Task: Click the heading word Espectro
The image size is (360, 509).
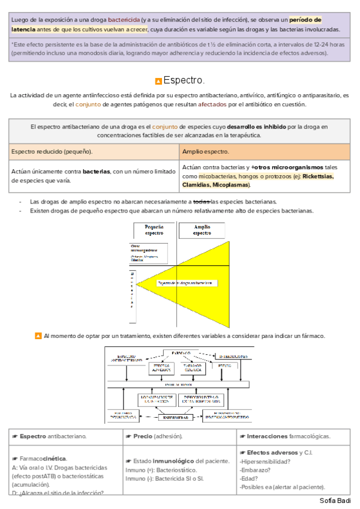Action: (x=184, y=80)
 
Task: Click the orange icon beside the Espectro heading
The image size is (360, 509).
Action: (x=158, y=81)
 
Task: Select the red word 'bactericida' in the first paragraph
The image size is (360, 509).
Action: (x=124, y=19)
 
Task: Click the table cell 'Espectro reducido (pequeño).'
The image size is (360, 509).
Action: (x=52, y=151)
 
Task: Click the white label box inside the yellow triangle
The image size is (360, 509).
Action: (x=185, y=282)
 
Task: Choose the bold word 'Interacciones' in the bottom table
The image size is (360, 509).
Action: (x=268, y=436)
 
